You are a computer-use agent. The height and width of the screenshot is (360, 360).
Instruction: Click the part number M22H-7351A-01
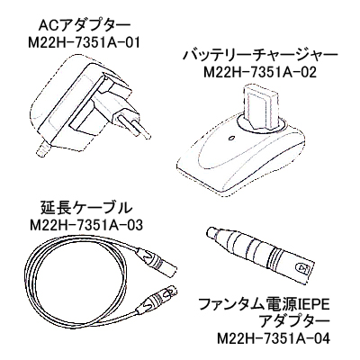tap(85, 44)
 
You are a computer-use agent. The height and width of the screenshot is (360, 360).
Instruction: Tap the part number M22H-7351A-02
tap(260, 72)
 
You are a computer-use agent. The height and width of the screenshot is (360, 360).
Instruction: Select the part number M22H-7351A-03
tap(86, 225)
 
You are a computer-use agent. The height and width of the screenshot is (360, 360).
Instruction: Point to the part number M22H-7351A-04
tap(273, 339)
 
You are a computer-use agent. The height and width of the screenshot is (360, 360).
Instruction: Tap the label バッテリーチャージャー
tap(260, 55)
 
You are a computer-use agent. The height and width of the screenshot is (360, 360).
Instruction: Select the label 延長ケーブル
tap(85, 208)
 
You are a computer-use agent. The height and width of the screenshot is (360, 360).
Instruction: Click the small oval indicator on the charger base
tap(231, 139)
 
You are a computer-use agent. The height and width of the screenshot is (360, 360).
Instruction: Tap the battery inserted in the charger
tap(261, 107)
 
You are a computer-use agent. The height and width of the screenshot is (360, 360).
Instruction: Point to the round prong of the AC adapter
tap(133, 123)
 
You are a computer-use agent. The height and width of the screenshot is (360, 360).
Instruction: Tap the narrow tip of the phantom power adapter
tap(212, 233)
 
